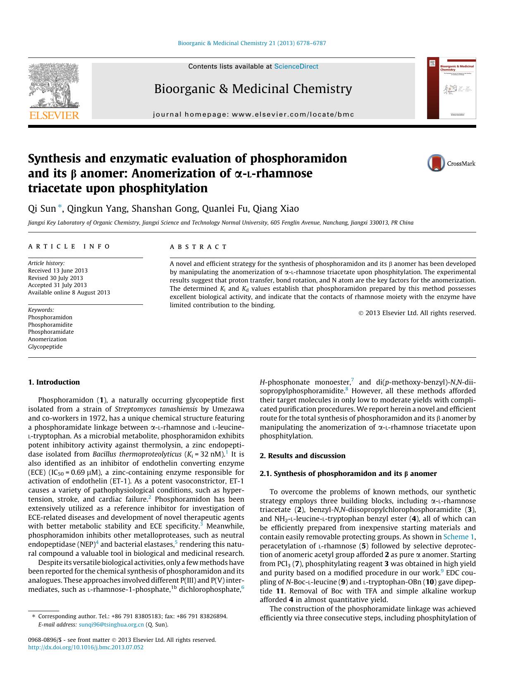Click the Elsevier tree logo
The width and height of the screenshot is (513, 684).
pyautogui.click(x=53, y=87)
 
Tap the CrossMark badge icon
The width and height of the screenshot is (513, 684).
pyautogui.click(x=436, y=163)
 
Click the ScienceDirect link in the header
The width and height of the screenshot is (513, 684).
pyautogui.click(x=296, y=67)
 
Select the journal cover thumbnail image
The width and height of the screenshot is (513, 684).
pyautogui.click(x=451, y=88)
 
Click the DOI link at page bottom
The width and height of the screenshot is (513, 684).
pyautogui.click(x=86, y=647)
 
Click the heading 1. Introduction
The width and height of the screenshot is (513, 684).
pyautogui.click(x=54, y=382)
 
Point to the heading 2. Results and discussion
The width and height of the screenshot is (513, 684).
pyautogui.click(x=302, y=456)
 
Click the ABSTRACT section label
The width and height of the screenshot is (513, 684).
pyautogui.click(x=198, y=247)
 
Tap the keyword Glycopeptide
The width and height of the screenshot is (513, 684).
pyautogui.click(x=45, y=347)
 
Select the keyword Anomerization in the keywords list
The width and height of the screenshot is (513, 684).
pyautogui.click(x=47, y=339)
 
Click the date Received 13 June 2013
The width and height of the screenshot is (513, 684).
pyautogui.click(x=57, y=270)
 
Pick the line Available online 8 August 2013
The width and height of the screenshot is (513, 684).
pyautogui.click(x=69, y=292)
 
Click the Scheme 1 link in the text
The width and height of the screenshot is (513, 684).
pyautogui.click(x=458, y=537)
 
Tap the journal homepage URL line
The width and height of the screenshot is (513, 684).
pyautogui.click(x=253, y=115)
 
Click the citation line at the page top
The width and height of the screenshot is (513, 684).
pyautogui.click(x=251, y=43)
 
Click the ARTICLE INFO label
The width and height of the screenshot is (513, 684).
pyautogui.click(x=69, y=247)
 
